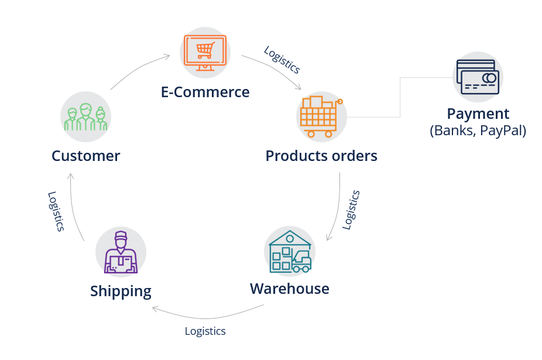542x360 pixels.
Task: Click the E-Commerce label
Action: tap(205, 92)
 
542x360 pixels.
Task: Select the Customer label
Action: tap(85, 156)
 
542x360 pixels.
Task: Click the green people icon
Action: tap(85, 116)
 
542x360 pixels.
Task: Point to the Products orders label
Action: tap(321, 156)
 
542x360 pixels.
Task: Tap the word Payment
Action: tap(478, 114)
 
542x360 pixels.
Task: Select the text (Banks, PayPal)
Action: tap(478, 131)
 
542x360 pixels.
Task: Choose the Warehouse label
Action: tap(289, 289)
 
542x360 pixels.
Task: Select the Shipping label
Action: tap(121, 291)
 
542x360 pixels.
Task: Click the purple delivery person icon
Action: tap(121, 252)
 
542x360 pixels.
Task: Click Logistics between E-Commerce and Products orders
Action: tap(282, 60)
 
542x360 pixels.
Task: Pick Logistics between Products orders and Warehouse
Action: tap(351, 210)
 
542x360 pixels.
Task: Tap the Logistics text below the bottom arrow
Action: tap(205, 331)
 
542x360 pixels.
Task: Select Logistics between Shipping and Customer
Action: tap(55, 211)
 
